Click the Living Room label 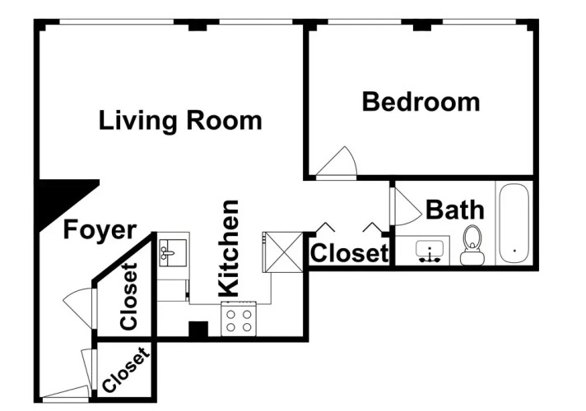[x=180, y=121]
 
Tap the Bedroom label [x=421, y=102]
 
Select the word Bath [x=455, y=210]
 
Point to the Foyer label [x=100, y=230]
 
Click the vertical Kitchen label [x=228, y=248]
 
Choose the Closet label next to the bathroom [x=350, y=253]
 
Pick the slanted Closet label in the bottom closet [x=126, y=370]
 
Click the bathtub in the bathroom [x=514, y=224]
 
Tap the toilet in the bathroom [x=472, y=245]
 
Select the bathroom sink [x=430, y=251]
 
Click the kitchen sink [x=173, y=252]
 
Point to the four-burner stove [x=239, y=318]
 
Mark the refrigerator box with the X [x=283, y=252]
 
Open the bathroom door [x=405, y=206]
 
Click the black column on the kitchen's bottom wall [x=198, y=330]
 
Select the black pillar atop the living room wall [x=198, y=25]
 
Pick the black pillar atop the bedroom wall [x=422, y=25]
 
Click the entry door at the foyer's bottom [x=64, y=393]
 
